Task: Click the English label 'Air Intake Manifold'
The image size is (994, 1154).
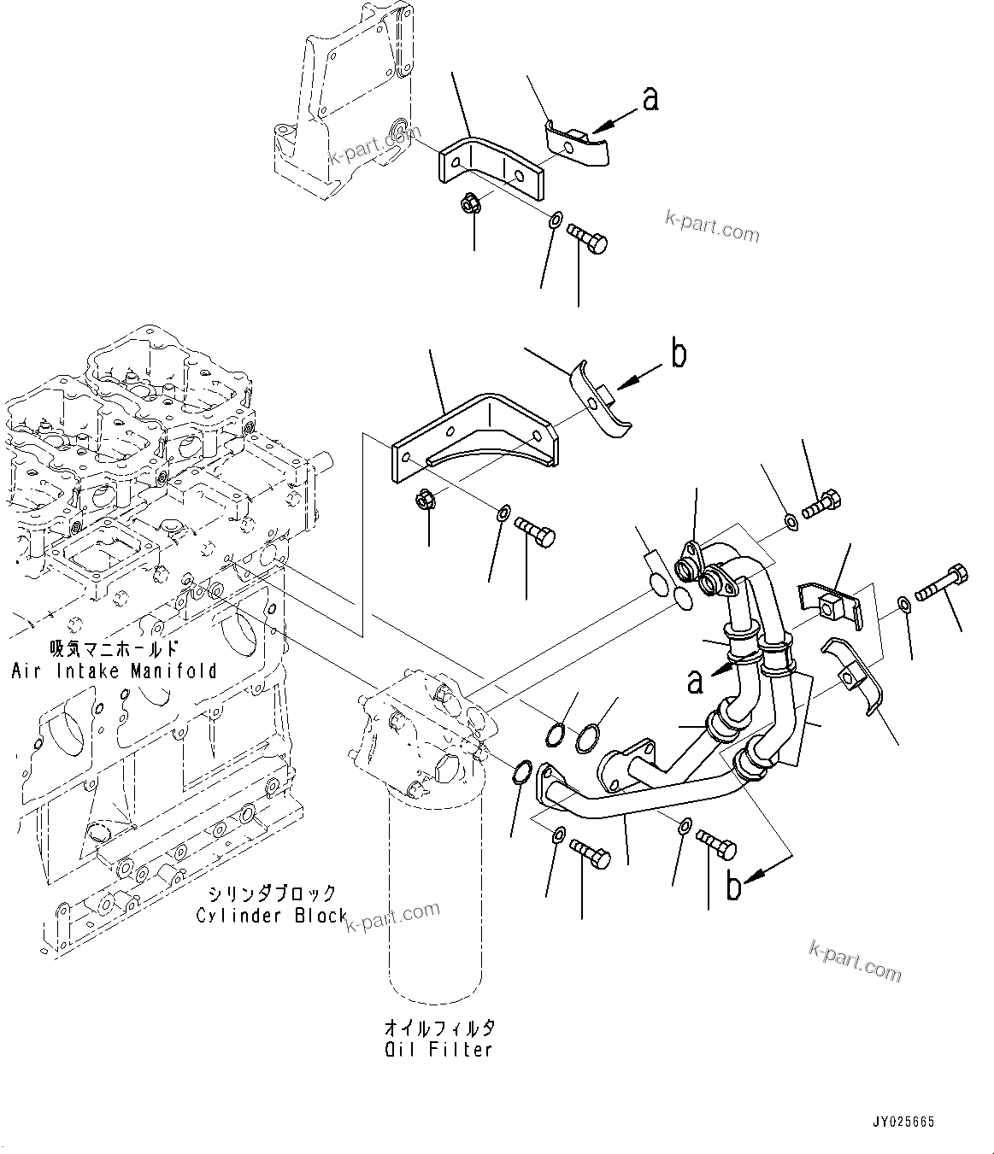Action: coord(114,671)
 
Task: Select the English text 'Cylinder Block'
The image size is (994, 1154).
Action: coord(272,916)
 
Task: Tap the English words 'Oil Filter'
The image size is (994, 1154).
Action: coord(438,1049)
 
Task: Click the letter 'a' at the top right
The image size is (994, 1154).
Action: coord(651,100)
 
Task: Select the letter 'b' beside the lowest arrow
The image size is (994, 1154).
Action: coord(733,887)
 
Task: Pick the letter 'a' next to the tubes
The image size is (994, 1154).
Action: coord(697,681)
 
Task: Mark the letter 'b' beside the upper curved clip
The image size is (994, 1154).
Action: coord(679,354)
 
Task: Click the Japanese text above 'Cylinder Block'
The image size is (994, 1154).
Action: coord(273,893)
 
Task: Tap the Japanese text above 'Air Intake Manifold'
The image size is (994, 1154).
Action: coord(114,648)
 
